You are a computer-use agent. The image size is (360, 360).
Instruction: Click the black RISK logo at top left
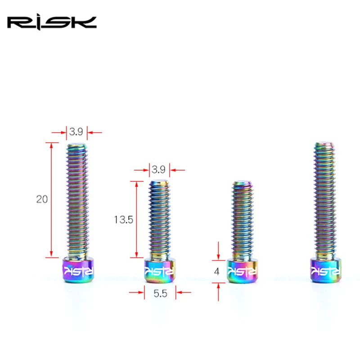point(52,23)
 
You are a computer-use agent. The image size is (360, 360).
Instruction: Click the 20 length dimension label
point(42,199)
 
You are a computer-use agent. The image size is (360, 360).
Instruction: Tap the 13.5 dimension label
point(123,220)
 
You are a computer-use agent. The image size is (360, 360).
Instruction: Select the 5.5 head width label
point(160,293)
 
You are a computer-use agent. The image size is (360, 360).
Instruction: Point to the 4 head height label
point(216,272)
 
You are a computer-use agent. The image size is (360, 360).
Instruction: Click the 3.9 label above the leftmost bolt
point(76,131)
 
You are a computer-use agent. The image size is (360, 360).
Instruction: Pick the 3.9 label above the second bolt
point(158,170)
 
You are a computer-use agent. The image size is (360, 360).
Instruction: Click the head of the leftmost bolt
point(78,270)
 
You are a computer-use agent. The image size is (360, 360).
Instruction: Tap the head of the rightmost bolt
point(326,270)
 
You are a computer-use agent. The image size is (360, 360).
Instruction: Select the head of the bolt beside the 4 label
point(243,270)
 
